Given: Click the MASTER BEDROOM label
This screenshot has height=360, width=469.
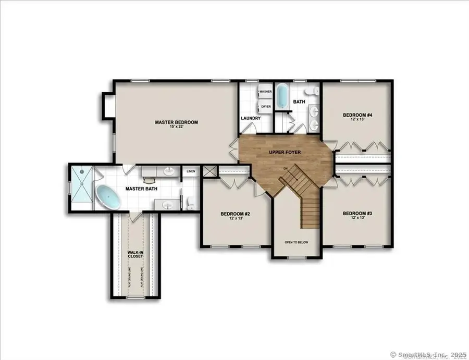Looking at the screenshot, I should click(177, 122).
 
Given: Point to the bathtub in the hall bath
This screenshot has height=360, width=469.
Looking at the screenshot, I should click(282, 96).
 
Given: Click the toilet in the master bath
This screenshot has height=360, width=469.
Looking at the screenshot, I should click(190, 201).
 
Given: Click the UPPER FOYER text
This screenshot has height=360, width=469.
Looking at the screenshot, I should click(283, 152).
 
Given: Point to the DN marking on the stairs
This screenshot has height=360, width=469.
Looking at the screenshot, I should click(286, 169).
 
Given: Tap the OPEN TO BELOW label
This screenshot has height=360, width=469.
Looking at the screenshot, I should click(294, 243).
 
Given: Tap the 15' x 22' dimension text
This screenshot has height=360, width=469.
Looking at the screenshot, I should click(177, 128).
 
